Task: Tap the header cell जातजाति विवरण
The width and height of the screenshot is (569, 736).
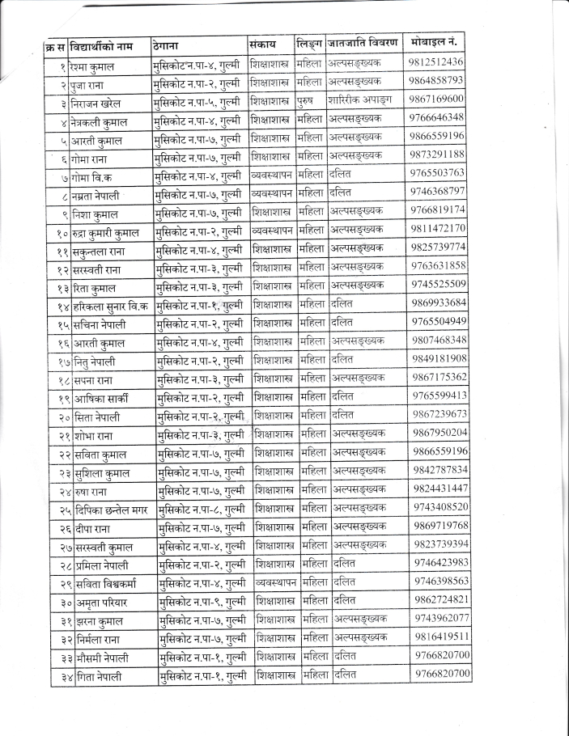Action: pyautogui.click(x=363, y=41)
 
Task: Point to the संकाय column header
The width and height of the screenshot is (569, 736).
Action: pyautogui.click(x=263, y=42)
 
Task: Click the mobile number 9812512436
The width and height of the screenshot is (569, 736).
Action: pyautogui.click(x=436, y=61)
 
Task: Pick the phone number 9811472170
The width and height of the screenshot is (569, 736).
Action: pyautogui.click(x=438, y=228)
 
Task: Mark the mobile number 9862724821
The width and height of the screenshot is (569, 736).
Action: pyautogui.click(x=440, y=599)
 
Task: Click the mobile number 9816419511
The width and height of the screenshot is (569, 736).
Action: pyautogui.click(x=440, y=636)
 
